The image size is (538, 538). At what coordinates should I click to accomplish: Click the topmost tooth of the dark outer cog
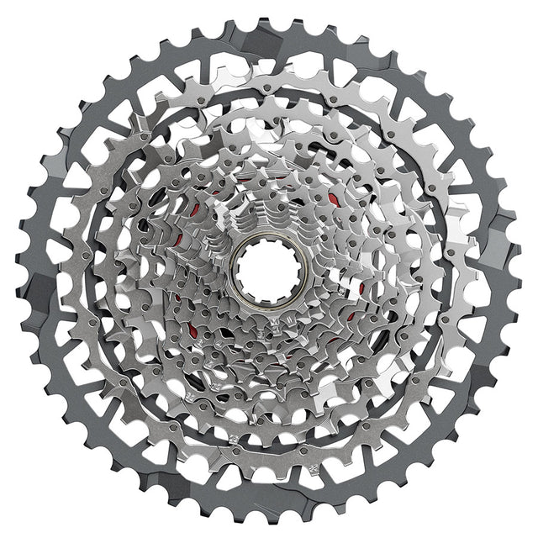tap(267, 19)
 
